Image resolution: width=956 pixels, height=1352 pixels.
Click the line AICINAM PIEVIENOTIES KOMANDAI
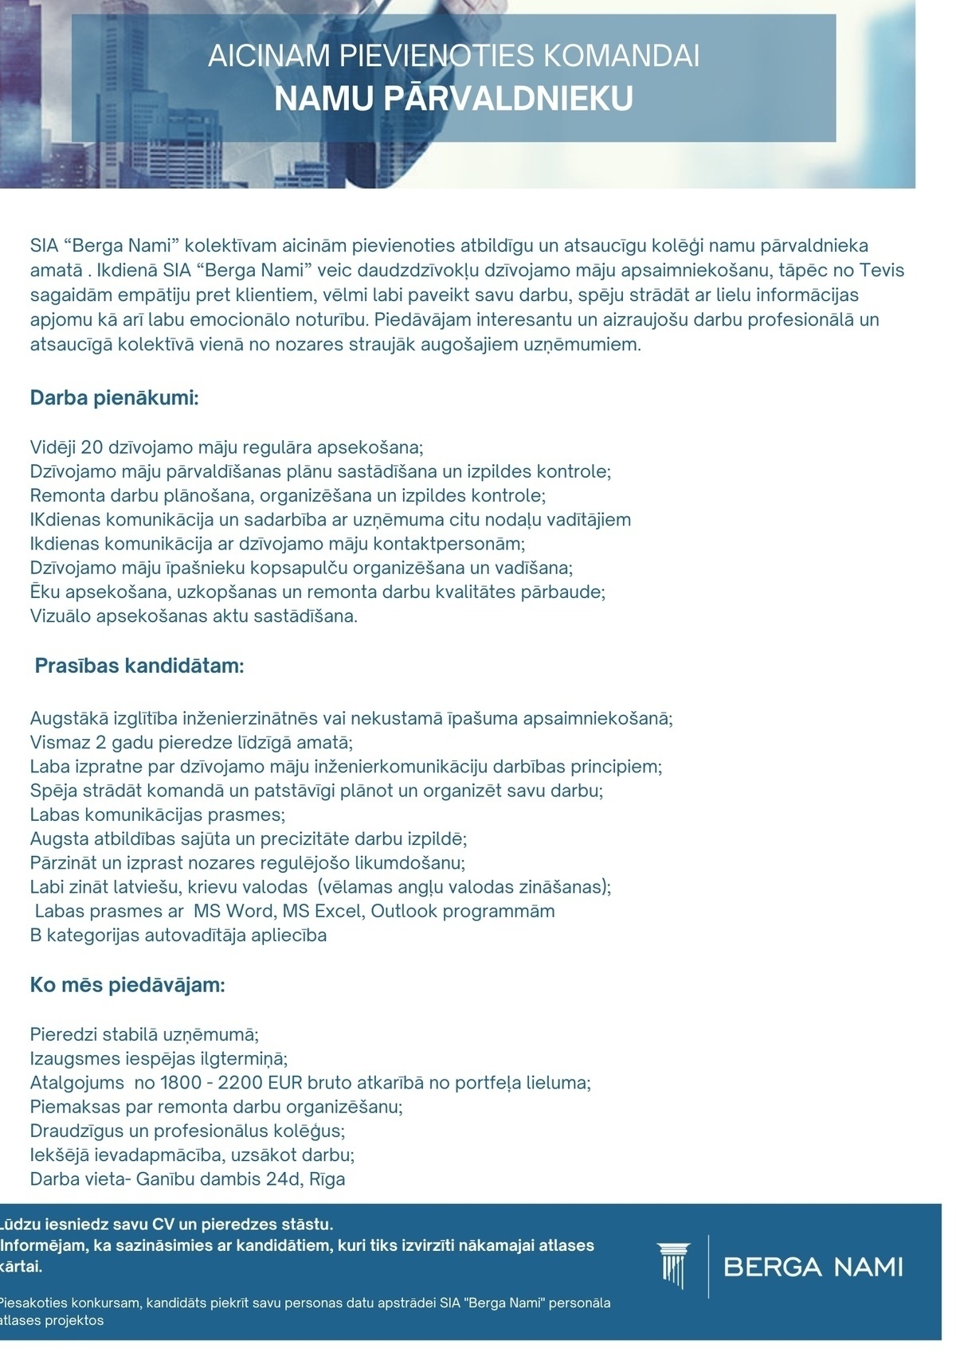[x=453, y=57]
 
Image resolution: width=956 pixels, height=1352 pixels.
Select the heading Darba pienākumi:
[x=114, y=397]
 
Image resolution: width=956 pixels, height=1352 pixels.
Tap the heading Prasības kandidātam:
[x=139, y=666]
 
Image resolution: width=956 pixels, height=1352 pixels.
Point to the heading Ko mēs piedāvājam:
[x=127, y=985]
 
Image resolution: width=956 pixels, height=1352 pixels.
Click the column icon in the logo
[x=672, y=1265]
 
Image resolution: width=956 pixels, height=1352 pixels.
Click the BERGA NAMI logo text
[x=813, y=1266]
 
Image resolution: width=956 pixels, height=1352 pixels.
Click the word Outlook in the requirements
[x=404, y=911]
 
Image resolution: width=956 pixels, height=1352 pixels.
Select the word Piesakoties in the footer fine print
[x=33, y=1303]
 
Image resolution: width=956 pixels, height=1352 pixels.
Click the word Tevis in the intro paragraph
[x=882, y=271]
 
